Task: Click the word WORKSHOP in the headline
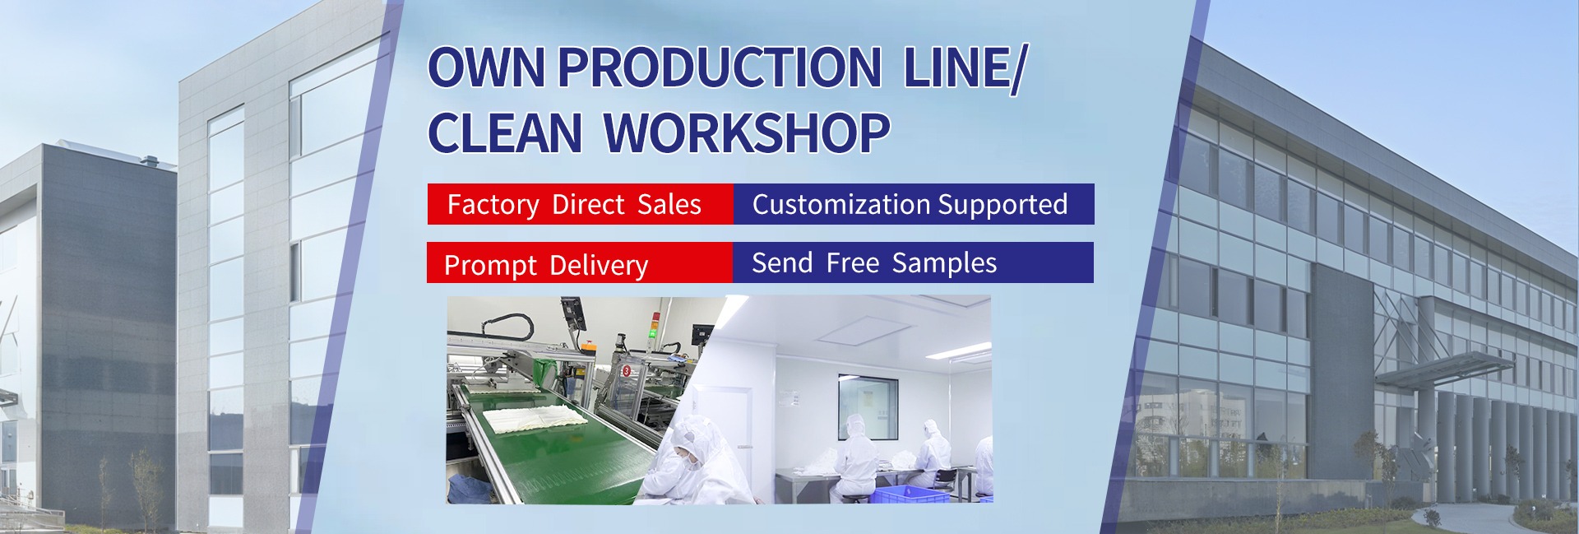[748, 132]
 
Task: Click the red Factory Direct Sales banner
[580, 204]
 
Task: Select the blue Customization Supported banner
[913, 204]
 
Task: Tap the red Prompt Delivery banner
[580, 262]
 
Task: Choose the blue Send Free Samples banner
[913, 262]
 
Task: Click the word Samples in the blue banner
[944, 263]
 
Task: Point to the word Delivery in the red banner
[599, 266]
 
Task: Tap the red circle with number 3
[627, 371]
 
